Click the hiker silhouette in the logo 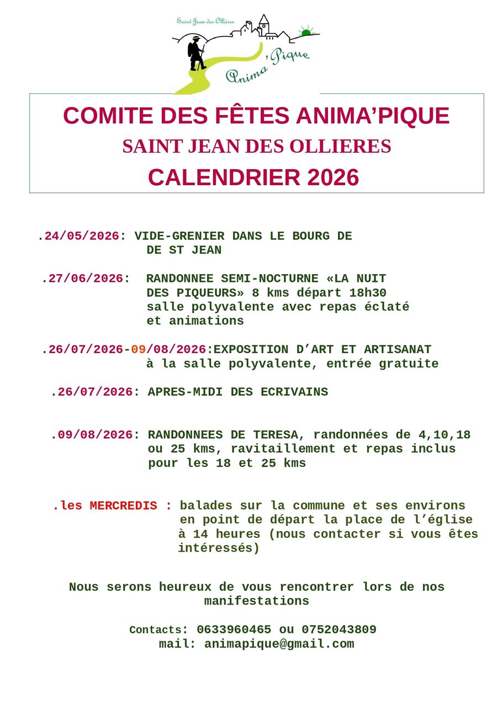point(196,53)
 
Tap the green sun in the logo point(306,33)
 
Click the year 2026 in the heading point(333,177)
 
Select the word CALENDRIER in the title point(224,177)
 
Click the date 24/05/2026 point(82,236)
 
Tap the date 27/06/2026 point(86,279)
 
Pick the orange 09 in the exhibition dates point(138,349)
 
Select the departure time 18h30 point(371,292)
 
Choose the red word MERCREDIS point(123,506)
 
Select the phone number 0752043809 point(339,629)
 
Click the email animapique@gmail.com point(279,644)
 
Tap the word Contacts point(155,630)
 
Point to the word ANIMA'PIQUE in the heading point(373,116)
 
